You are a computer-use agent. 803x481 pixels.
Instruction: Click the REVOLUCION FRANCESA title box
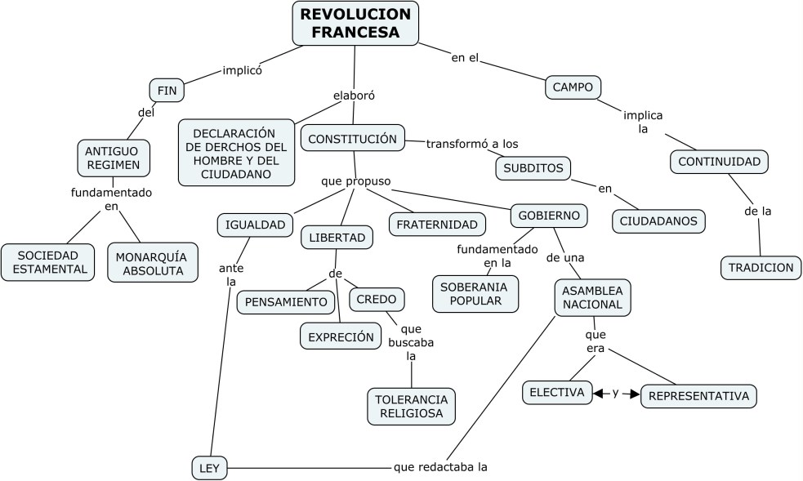(355, 23)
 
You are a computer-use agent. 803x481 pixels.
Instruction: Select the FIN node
(167, 90)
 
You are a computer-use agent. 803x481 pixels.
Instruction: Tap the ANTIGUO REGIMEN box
(114, 158)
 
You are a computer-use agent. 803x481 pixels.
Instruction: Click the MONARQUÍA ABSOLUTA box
(152, 262)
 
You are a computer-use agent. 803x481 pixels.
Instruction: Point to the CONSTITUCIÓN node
(353, 138)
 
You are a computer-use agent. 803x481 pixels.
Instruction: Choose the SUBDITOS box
(533, 168)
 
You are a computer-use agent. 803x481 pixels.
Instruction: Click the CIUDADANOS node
(658, 220)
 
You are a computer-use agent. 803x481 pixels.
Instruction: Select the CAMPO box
(573, 87)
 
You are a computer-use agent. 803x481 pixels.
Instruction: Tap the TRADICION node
(761, 267)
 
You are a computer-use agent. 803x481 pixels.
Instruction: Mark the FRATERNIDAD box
(437, 224)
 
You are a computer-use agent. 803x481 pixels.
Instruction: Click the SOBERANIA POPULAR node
(474, 294)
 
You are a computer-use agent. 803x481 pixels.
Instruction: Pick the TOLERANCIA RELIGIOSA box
(411, 406)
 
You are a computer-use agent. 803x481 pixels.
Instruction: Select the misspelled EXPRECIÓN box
(341, 336)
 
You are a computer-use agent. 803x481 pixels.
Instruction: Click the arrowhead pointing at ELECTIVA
(598, 394)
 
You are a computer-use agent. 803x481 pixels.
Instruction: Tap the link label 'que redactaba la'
(440, 467)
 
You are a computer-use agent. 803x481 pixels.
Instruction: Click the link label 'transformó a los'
(472, 144)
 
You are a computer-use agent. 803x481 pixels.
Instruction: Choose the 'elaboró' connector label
(354, 96)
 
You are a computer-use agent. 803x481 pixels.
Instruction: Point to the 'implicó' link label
(242, 70)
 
